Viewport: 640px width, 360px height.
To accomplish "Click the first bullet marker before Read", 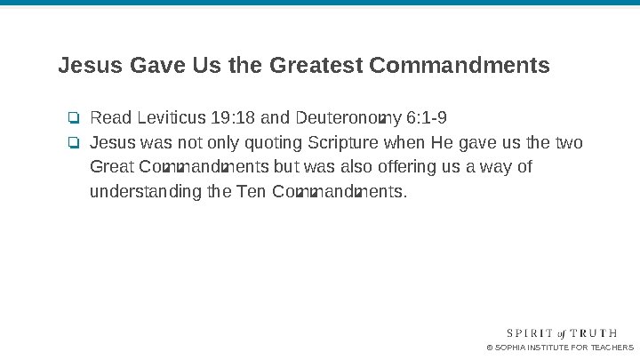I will [x=74, y=118].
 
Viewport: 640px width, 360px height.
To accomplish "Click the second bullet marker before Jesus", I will [x=74, y=143].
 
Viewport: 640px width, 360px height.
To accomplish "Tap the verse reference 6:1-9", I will [x=426, y=118].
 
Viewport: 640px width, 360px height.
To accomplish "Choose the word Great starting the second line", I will [x=112, y=167].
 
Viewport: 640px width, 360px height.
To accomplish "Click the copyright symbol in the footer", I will [x=489, y=347].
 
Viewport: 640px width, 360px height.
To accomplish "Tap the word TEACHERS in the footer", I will [x=612, y=347].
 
